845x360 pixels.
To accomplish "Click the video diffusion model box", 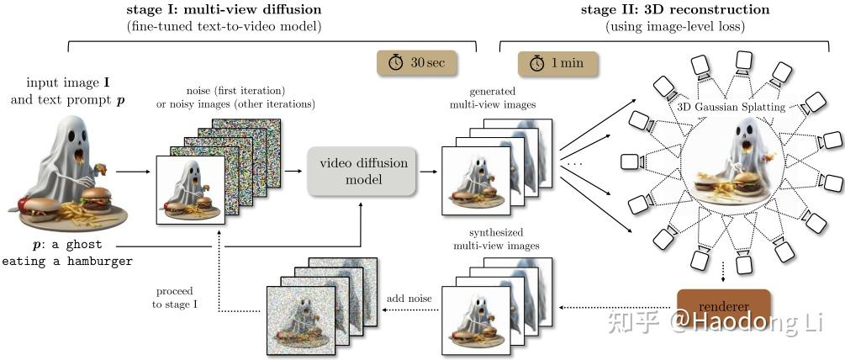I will (361, 171).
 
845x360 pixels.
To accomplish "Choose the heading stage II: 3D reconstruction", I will (675, 10).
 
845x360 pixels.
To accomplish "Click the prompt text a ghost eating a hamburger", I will (67, 253).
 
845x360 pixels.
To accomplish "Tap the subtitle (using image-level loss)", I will (674, 27).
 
